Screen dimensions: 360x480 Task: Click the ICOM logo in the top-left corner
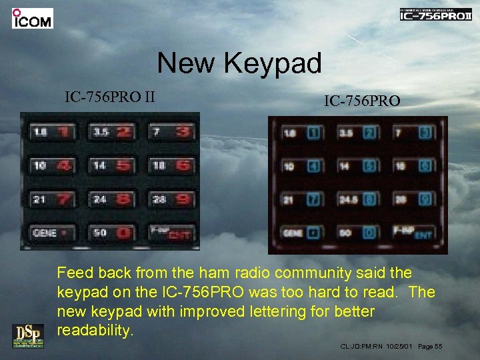pos(32,18)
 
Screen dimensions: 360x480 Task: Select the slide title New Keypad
pos(239,64)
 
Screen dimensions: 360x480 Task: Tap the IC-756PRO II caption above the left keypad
pos(110,97)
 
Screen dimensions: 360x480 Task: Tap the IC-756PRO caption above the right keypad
pos(362,101)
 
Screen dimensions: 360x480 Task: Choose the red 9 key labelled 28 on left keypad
pos(171,199)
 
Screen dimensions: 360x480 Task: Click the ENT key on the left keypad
pos(171,233)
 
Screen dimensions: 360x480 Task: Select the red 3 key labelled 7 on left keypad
pos(171,131)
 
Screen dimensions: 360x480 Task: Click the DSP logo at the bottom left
pos(27,335)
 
